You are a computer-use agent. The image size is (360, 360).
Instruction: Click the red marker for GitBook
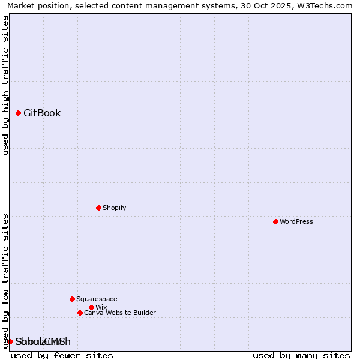(x=18, y=113)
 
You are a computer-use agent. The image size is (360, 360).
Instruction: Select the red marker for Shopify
(x=98, y=208)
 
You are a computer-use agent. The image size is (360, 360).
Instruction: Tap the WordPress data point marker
(x=275, y=221)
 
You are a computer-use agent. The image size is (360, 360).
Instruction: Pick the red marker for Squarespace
(x=72, y=299)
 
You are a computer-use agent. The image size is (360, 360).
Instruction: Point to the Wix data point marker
(x=91, y=307)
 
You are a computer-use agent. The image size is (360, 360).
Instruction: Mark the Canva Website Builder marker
(x=80, y=313)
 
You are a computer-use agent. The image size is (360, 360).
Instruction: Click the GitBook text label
(x=42, y=113)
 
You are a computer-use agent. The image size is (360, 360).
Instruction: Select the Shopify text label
(x=114, y=208)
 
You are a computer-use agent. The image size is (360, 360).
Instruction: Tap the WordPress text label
(x=296, y=221)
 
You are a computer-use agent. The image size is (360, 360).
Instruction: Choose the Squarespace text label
(x=97, y=299)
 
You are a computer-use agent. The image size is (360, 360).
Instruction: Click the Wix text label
(x=101, y=307)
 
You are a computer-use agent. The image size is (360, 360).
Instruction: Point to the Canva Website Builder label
(x=120, y=313)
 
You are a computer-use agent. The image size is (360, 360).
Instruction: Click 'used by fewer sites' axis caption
(x=62, y=355)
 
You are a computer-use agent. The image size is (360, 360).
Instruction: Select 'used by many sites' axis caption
(x=301, y=355)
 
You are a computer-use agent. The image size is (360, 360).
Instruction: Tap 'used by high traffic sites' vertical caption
(x=6, y=85)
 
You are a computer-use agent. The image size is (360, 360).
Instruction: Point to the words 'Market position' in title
(x=36, y=5)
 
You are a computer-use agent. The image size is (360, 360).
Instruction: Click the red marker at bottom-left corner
(x=10, y=341)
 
